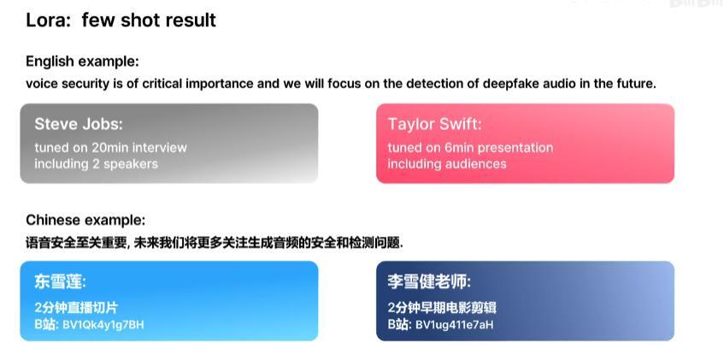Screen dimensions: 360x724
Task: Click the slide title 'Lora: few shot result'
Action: coord(121,20)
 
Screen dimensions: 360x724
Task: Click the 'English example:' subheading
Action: coord(82,62)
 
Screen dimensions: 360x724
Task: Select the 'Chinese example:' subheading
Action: coord(85,220)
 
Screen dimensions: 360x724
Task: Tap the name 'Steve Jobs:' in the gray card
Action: coord(79,124)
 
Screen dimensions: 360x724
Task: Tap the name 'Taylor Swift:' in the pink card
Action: coord(434,124)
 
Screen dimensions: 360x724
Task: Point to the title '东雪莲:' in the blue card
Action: coord(60,281)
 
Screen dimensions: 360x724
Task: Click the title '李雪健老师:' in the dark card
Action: coord(429,281)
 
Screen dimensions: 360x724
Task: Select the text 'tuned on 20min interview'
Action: coord(110,147)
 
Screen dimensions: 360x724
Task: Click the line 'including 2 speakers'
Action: coord(96,163)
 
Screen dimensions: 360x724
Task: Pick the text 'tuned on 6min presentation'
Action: coord(470,147)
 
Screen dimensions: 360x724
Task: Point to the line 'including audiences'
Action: coord(447,163)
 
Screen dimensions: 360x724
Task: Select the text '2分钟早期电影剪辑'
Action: coord(442,307)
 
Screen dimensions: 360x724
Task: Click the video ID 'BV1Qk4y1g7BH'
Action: coord(103,325)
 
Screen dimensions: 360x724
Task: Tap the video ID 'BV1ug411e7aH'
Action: coord(454,325)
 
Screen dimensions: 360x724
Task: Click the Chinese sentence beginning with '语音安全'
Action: coord(214,243)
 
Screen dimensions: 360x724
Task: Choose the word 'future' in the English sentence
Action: coord(634,84)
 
